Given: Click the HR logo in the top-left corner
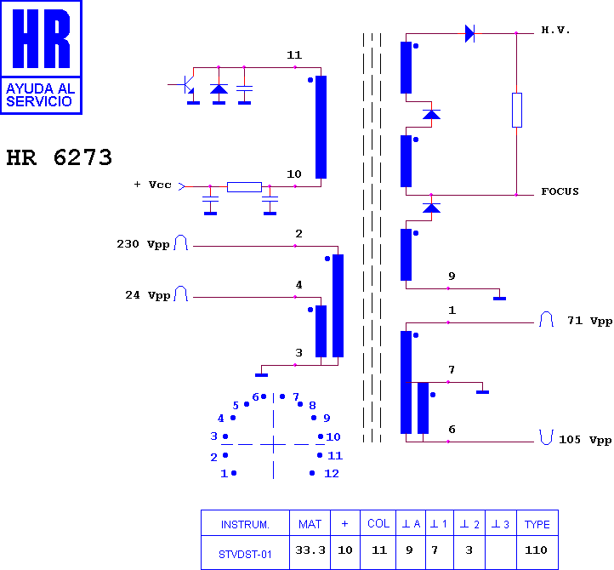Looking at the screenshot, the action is pyautogui.click(x=41, y=57).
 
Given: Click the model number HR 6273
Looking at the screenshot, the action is pyautogui.click(x=60, y=157).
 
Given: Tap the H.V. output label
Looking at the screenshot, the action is pyautogui.click(x=555, y=30).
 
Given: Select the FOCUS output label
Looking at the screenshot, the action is pyautogui.click(x=560, y=191).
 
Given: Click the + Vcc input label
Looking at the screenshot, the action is pyautogui.click(x=153, y=185).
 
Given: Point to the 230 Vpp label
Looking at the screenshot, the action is pyautogui.click(x=144, y=244).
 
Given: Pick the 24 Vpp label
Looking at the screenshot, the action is pyautogui.click(x=148, y=295).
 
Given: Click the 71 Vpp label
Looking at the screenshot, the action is pyautogui.click(x=589, y=321).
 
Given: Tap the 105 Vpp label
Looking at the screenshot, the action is pyautogui.click(x=585, y=440).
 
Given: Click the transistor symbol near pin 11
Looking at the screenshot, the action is pyautogui.click(x=188, y=84).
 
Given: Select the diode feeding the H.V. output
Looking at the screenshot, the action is pyautogui.click(x=469, y=33).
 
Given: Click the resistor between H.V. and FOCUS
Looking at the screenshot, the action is pyautogui.click(x=517, y=110).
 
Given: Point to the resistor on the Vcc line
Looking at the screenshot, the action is pyautogui.click(x=244, y=187).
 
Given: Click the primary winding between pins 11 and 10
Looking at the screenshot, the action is pyautogui.click(x=321, y=127).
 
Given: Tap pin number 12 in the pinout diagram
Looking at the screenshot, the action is pyautogui.click(x=332, y=473).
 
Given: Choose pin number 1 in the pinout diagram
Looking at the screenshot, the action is pyautogui.click(x=224, y=473).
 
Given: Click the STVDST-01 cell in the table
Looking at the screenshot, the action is pyautogui.click(x=245, y=555).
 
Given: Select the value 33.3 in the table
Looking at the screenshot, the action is pyautogui.click(x=310, y=550).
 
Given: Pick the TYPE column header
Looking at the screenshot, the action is pyautogui.click(x=537, y=524).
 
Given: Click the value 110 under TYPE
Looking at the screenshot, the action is pyautogui.click(x=536, y=550).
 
